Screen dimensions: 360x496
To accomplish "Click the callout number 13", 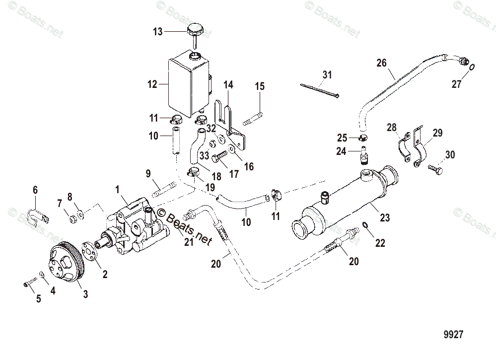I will click(157, 32).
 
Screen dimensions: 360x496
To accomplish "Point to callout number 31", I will click(326, 75).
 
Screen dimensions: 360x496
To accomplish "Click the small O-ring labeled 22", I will click(365, 226).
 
